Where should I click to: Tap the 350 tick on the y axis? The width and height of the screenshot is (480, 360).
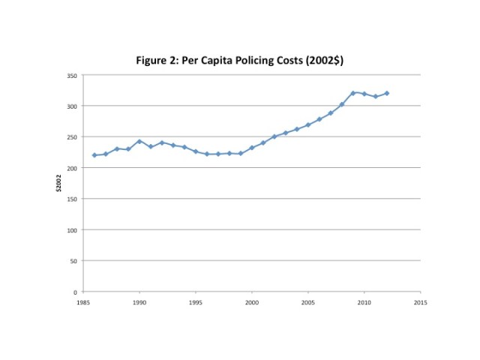tap(73, 76)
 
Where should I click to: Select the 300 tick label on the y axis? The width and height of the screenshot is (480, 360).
tap(73, 106)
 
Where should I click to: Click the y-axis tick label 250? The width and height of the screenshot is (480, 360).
tap(73, 137)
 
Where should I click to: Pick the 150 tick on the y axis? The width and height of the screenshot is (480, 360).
tap(73, 199)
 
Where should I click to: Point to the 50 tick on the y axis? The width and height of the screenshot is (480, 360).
tap(74, 260)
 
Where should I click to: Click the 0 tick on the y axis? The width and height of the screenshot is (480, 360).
tap(76, 291)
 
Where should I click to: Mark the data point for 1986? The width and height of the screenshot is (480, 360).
tap(94, 155)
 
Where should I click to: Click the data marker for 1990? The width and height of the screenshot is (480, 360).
tap(139, 141)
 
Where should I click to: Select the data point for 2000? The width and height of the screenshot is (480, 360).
tap(252, 148)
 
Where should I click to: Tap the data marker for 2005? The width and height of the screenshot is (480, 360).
tap(308, 124)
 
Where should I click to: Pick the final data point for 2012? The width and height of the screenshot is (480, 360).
tap(387, 93)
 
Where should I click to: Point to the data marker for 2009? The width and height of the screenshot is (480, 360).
tap(353, 92)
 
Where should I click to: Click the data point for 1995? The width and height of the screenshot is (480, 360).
tap(196, 151)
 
